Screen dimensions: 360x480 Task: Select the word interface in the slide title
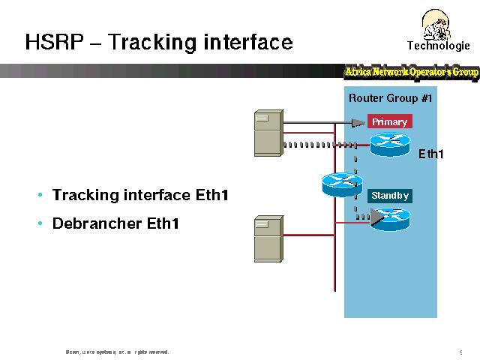[248, 42]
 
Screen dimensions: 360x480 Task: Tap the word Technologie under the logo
[438, 46]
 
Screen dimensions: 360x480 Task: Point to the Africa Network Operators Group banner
[411, 72]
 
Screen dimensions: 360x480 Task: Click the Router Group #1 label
[390, 98]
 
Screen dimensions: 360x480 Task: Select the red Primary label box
[389, 121]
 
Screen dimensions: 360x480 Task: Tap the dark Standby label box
[390, 196]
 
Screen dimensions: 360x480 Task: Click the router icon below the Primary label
[390, 144]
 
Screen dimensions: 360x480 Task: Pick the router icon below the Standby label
[391, 218]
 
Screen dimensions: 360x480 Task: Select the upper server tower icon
[268, 132]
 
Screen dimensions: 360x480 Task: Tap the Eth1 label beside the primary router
[431, 154]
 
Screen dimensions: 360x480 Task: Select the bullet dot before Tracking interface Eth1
[40, 196]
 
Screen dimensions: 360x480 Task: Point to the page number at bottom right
[460, 351]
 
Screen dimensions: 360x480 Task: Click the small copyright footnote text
[117, 351]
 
